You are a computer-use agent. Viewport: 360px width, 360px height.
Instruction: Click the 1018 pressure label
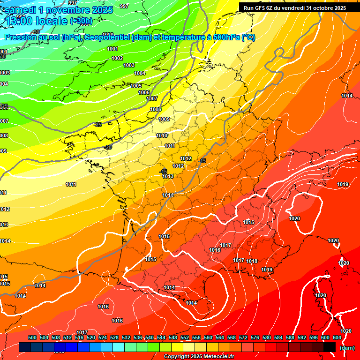(x=252, y=261)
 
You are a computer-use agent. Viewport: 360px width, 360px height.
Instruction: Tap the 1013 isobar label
(x=168, y=176)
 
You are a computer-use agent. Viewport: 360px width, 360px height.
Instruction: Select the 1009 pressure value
(x=164, y=120)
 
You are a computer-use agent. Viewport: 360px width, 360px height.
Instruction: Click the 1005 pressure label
(x=136, y=86)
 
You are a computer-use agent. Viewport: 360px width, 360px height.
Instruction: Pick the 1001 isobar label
(x=112, y=49)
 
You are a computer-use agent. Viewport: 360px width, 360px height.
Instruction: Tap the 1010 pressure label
(x=162, y=135)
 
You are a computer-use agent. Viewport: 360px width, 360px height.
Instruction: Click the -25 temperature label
(x=98, y=125)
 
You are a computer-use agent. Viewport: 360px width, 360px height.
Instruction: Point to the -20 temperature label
(x=108, y=147)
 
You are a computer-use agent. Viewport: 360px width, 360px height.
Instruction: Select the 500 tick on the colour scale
(x=32, y=337)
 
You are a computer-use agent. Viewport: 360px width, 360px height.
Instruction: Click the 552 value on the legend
(x=185, y=337)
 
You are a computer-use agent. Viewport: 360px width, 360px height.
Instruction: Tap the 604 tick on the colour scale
(x=337, y=337)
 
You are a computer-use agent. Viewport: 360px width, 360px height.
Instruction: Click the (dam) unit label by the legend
(x=347, y=347)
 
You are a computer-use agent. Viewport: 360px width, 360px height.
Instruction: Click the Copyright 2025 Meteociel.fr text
(x=199, y=356)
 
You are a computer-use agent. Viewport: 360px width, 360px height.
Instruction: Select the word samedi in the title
(x=22, y=10)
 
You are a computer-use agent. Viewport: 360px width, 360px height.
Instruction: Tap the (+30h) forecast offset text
(x=81, y=21)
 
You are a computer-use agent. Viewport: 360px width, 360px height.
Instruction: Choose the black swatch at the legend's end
(x=330, y=347)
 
